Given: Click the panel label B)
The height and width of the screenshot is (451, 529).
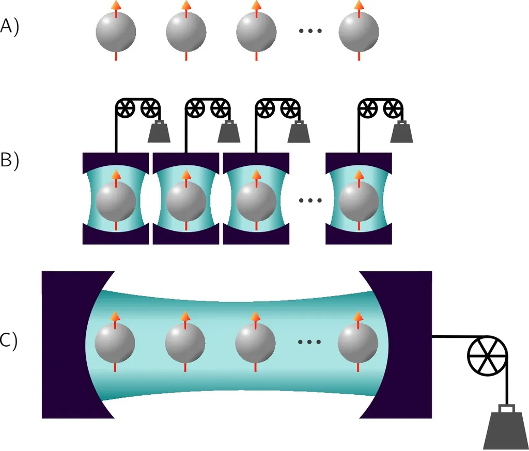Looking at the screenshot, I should point(9,160).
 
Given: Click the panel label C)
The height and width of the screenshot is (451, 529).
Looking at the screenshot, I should point(9,341).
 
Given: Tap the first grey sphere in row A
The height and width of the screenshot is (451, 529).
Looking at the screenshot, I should point(116,32).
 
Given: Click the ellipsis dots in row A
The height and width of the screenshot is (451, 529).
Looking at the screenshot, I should point(310,31).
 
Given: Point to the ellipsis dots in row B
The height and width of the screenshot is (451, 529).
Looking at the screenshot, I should point(310,200).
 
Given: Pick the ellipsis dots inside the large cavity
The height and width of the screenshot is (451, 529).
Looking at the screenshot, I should point(310,341).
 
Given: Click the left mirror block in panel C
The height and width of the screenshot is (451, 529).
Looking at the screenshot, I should point(67,344).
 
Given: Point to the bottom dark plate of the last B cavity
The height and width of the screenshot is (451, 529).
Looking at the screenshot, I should point(359,237).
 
